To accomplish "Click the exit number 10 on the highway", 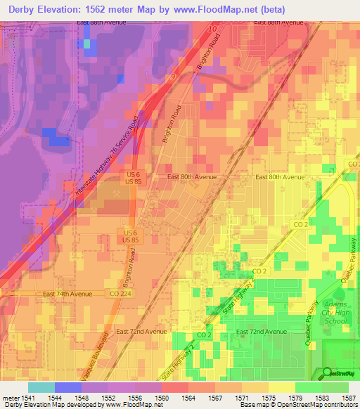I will pos(212,29).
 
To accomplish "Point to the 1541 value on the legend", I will pos(27,397).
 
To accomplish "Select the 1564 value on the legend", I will pos(184,397).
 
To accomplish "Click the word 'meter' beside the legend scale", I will pos(9,397).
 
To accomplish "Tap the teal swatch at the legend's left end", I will pos(41,387).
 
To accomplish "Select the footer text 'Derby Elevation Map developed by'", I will pos(42,405).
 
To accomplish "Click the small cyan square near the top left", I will pos(87,44).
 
